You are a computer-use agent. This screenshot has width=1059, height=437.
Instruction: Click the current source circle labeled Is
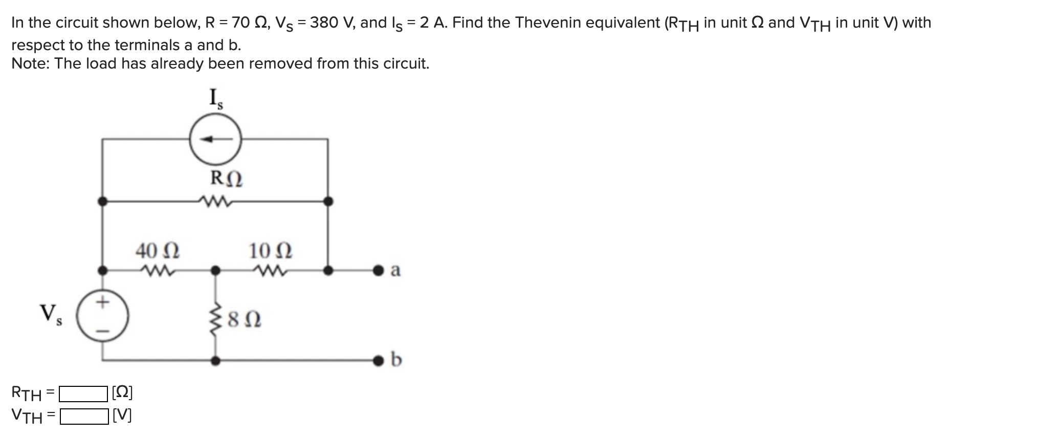point(215,139)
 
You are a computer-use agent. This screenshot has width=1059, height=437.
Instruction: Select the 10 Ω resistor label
point(270,251)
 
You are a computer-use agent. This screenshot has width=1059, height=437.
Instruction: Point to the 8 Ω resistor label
point(245,320)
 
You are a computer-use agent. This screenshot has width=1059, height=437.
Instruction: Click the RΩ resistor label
point(227,179)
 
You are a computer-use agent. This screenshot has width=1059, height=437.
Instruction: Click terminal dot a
point(379,270)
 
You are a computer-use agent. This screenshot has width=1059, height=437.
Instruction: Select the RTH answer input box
point(83,394)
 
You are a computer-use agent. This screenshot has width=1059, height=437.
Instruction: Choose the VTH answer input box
point(83,417)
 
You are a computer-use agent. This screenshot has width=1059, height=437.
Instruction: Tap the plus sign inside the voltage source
point(103,302)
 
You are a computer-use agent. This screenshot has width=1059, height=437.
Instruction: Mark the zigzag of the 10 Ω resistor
point(270,270)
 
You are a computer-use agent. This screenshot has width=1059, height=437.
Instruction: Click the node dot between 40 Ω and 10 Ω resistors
point(216,270)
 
